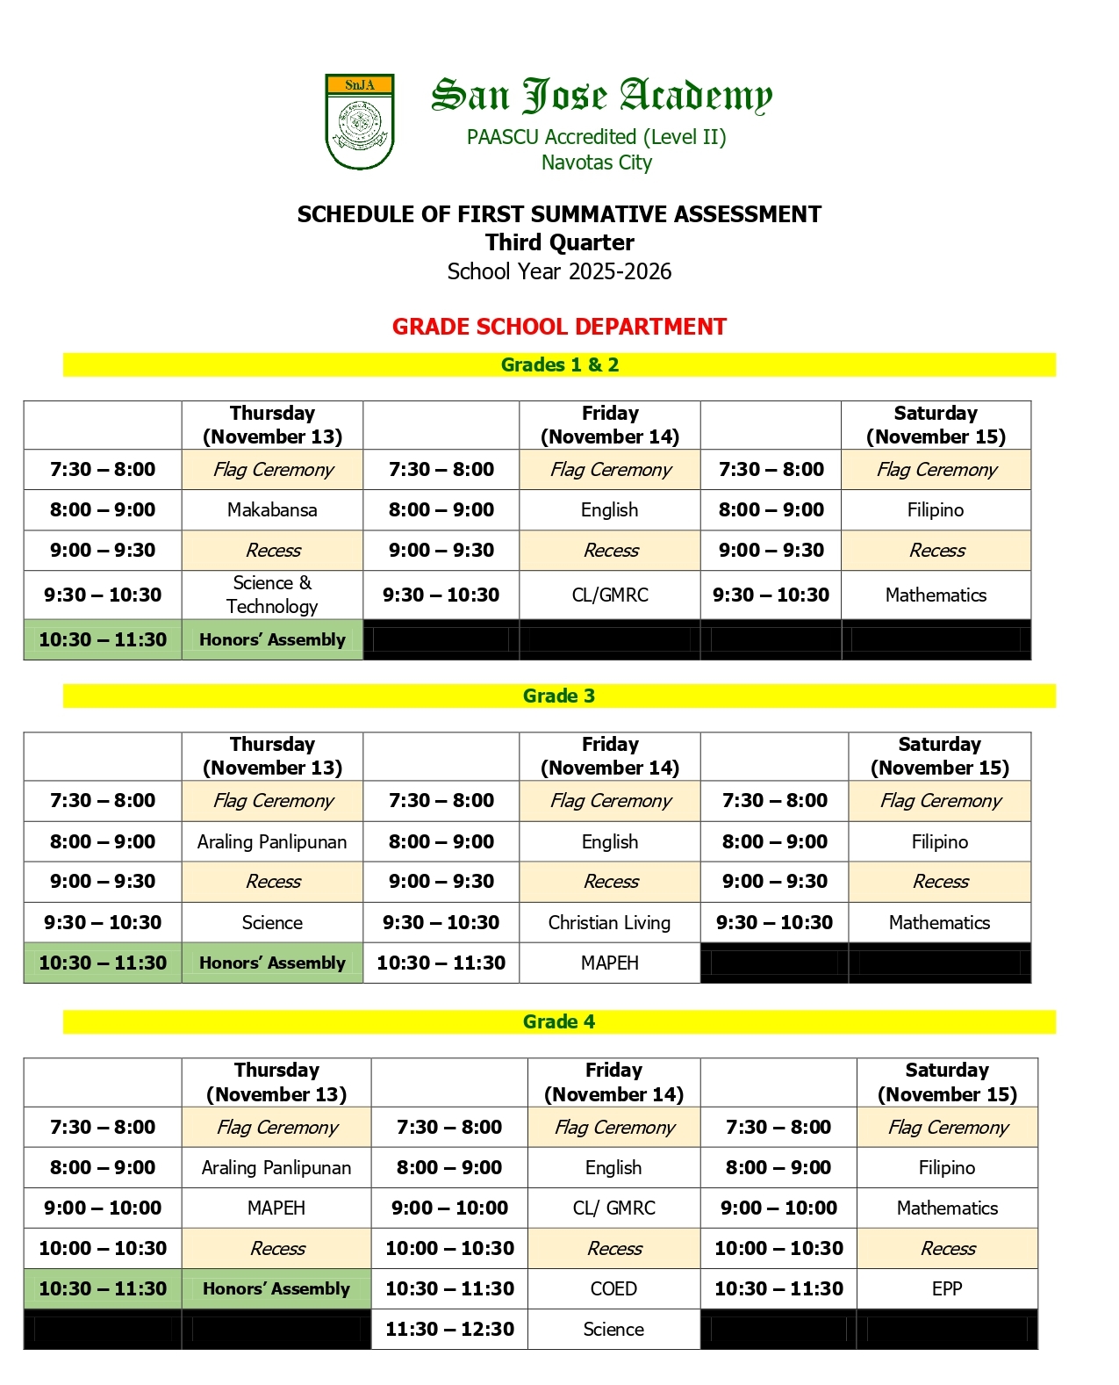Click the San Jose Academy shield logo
click(359, 122)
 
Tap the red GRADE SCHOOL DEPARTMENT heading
click(559, 327)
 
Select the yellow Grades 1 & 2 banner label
click(559, 364)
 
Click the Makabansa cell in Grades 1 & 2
click(272, 509)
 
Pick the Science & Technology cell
click(272, 595)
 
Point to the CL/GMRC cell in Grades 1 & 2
click(610, 595)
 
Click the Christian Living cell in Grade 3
click(609, 922)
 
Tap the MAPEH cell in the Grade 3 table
click(609, 963)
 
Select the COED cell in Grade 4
click(613, 1288)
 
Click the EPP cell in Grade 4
click(947, 1288)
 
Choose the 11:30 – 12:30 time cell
click(449, 1329)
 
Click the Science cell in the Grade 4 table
click(613, 1329)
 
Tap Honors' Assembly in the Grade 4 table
click(276, 1288)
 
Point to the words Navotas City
click(597, 162)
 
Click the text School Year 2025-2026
click(559, 271)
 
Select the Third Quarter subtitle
click(559, 242)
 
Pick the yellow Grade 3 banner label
click(559, 696)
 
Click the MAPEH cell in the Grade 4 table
click(276, 1208)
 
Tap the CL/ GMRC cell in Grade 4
click(613, 1208)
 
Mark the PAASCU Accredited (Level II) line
click(597, 137)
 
